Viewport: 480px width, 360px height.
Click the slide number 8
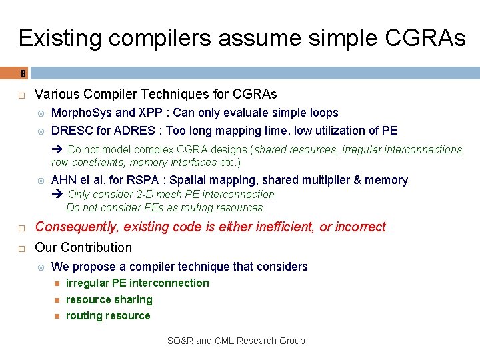[x=23, y=73]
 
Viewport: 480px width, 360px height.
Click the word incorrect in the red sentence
[x=360, y=227]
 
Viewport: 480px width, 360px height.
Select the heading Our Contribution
[x=83, y=247]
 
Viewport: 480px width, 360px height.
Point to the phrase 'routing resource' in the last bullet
[x=108, y=315]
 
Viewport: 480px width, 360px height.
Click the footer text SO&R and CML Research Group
[x=235, y=341]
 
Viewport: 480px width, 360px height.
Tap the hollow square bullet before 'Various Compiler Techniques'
[x=21, y=94]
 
